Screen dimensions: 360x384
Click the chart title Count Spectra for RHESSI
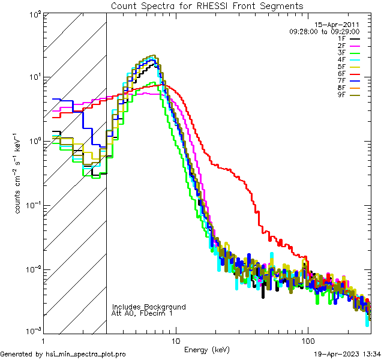(207, 5)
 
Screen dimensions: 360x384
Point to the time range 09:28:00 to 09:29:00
(324, 31)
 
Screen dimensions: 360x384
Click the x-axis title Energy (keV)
(207, 349)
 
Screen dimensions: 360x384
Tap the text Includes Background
(149, 307)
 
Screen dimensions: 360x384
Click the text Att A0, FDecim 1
(143, 313)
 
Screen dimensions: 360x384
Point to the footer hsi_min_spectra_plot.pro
(63, 354)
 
